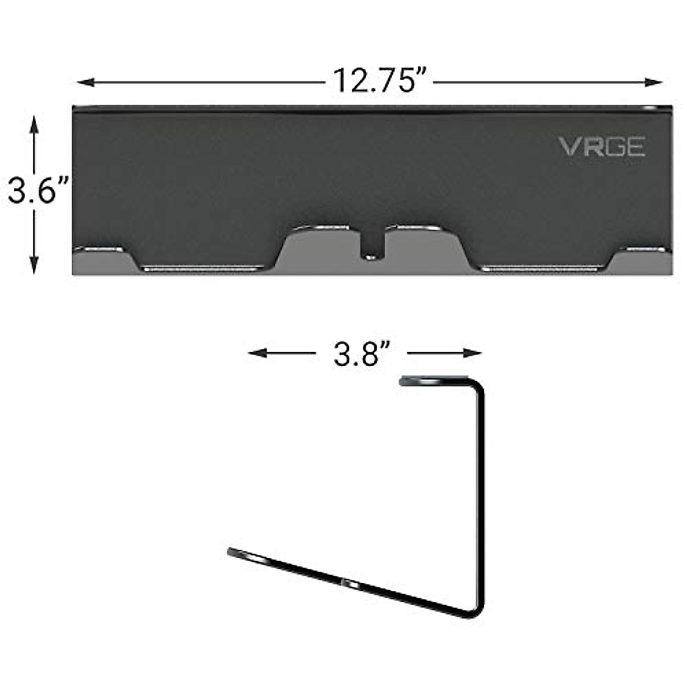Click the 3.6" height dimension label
coord(38,191)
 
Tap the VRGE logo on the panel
coord(602,147)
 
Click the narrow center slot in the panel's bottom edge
coord(372,246)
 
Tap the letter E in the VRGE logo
coord(636,147)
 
